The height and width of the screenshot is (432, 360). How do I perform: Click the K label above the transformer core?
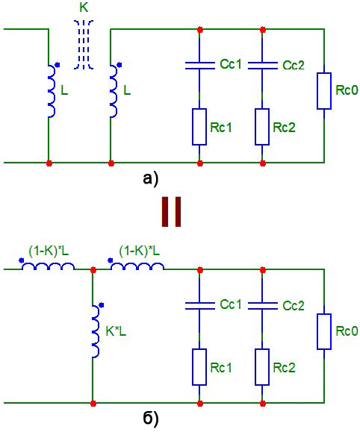[x=84, y=7]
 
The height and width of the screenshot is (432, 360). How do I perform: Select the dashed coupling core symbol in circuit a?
[x=84, y=44]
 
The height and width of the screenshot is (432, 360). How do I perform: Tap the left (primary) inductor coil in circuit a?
[x=52, y=92]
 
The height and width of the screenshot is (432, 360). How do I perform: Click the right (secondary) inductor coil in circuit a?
[x=114, y=92]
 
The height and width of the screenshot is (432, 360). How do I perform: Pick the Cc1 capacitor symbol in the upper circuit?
[x=199, y=66]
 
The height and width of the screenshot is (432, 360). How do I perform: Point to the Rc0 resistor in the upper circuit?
[x=324, y=91]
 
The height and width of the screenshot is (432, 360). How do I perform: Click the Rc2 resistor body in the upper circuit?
[x=262, y=127]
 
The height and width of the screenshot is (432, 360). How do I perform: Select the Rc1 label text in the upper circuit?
[x=221, y=128]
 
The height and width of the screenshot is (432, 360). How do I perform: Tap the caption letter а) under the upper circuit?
[x=151, y=179]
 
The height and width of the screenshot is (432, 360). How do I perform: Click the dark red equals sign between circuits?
[x=171, y=212]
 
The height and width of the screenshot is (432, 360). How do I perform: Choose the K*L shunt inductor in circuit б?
[x=96, y=331]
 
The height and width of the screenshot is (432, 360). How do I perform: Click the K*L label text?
[x=116, y=331]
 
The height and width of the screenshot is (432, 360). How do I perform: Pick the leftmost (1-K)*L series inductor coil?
[x=48, y=266]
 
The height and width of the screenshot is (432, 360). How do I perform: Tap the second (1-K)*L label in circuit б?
[x=140, y=251]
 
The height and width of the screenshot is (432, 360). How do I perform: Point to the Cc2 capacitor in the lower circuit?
[x=263, y=306]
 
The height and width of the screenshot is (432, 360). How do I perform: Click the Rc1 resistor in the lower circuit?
[x=199, y=367]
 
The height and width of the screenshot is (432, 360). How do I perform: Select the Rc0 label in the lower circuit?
[x=347, y=331]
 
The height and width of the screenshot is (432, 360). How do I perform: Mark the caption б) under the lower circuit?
[x=151, y=419]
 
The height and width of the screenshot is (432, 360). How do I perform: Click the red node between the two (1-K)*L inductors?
[x=93, y=269]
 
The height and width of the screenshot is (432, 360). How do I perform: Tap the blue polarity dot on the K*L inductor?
[x=102, y=305]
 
